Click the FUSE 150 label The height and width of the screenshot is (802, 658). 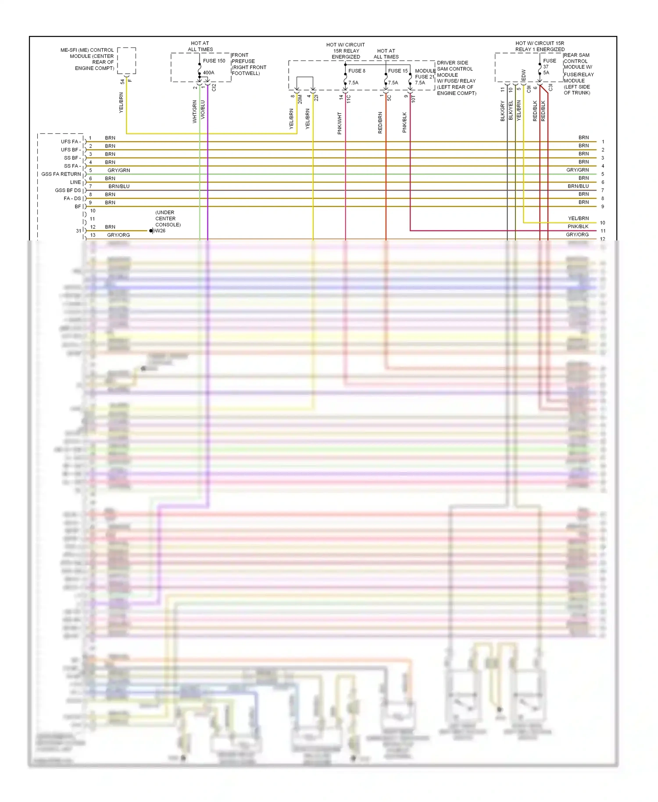coord(214,61)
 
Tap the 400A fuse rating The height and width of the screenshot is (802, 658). coord(209,73)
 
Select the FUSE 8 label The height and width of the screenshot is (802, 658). coord(357,71)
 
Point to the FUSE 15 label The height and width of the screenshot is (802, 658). coord(398,71)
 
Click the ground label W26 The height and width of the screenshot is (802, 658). coord(160,231)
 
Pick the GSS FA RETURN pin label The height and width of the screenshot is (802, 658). coord(61,174)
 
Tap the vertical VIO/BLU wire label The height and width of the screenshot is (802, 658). coord(203,110)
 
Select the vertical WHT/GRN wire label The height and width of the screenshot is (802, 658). coord(195,111)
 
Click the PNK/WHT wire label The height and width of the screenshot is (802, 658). coord(340,123)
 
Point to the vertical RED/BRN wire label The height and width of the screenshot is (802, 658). coord(380,123)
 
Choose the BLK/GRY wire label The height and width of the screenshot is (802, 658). coord(503,111)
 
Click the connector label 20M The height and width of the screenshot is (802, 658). coord(300,100)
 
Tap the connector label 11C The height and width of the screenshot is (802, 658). coord(349,99)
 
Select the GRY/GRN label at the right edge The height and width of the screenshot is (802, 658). coord(577,170)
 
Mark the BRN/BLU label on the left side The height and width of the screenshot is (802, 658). coord(119,186)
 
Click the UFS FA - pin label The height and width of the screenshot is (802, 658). coord(71,142)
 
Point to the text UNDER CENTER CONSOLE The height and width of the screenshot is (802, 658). coord(168,218)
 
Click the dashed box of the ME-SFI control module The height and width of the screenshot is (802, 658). coord(126,61)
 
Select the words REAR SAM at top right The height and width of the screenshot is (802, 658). coord(576,55)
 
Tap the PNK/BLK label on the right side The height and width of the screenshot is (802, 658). coord(578,226)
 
